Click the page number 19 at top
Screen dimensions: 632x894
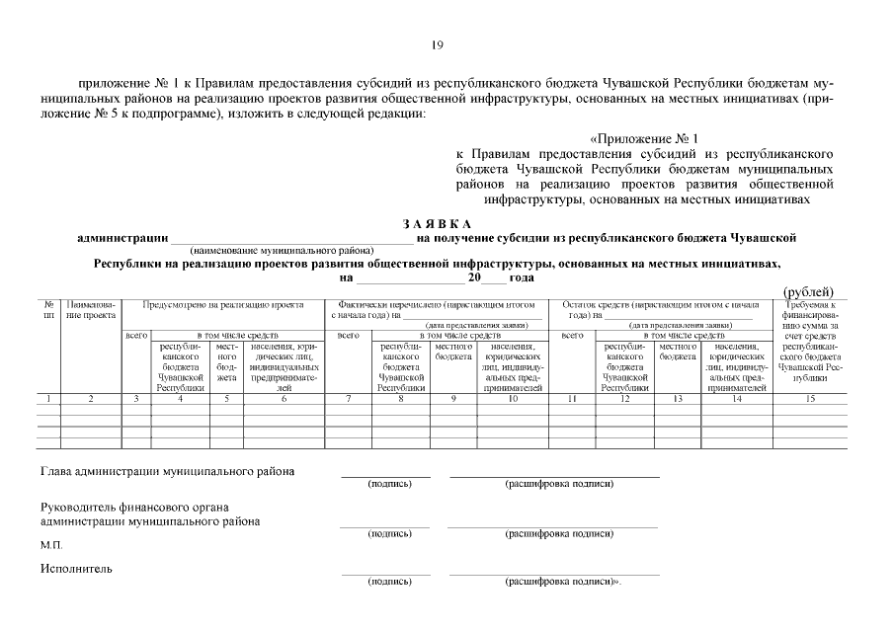[x=437, y=44]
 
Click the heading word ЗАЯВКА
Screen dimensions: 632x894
[x=437, y=224]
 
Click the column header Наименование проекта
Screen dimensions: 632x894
[x=91, y=310]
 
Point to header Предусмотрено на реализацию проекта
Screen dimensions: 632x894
[x=222, y=305]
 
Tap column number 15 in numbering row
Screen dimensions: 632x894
[x=809, y=398]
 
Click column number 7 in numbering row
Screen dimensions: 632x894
[x=349, y=398]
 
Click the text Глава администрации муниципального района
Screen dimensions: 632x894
[x=167, y=471]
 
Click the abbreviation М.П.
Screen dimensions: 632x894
[x=50, y=544]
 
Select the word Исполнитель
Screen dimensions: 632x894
[x=76, y=568]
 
